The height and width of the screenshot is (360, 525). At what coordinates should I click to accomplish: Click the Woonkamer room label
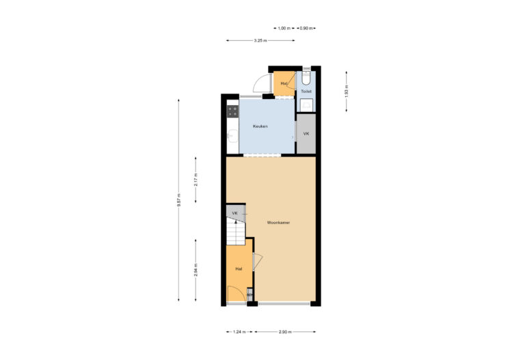click(x=278, y=222)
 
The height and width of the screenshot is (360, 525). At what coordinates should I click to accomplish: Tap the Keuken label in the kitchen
click(x=260, y=126)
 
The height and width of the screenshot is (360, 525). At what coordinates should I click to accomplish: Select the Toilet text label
click(x=306, y=91)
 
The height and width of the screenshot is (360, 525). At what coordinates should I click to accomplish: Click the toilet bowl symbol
click(x=306, y=78)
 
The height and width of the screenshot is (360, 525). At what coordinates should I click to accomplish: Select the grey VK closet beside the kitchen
click(x=306, y=134)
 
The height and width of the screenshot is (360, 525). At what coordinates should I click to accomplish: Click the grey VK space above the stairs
click(x=235, y=213)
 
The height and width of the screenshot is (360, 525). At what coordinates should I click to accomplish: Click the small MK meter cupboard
click(x=250, y=295)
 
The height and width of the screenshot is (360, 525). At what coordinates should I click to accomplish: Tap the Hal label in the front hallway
click(x=239, y=268)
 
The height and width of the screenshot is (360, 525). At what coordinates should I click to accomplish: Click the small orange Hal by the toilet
click(x=284, y=84)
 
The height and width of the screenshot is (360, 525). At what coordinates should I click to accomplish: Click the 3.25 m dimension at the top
click(x=260, y=41)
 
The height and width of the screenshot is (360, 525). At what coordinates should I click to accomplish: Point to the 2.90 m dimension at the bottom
click(x=285, y=332)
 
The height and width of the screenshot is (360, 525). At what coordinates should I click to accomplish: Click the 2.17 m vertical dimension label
click(x=196, y=180)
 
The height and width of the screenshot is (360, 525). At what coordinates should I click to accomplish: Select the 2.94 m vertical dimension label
click(x=196, y=270)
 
